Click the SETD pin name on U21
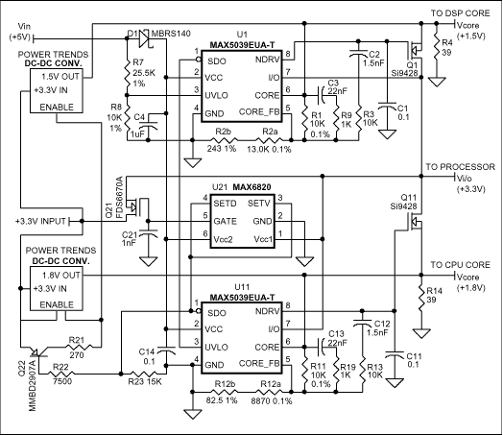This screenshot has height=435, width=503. pyautogui.click(x=227, y=203)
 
